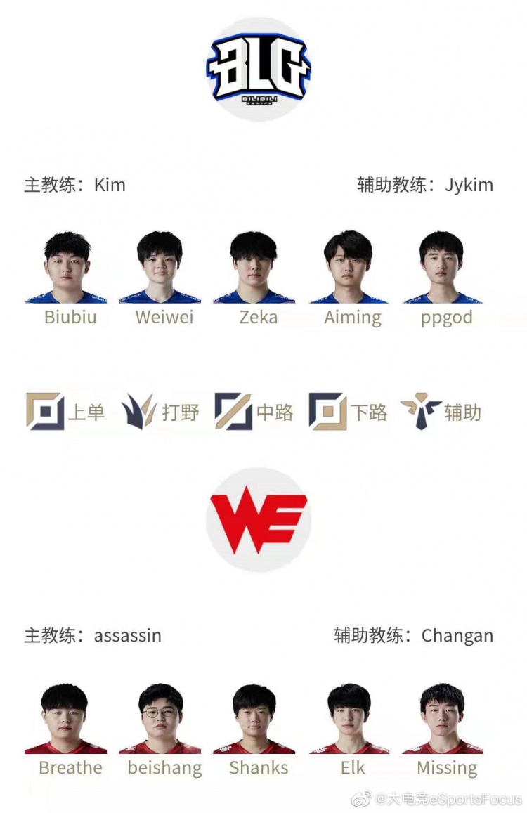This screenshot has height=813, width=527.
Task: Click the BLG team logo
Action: point(259,69)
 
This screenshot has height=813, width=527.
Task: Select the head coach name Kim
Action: point(110,186)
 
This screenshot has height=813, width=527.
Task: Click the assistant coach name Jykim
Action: point(469,186)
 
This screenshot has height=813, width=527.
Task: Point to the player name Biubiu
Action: point(70,317)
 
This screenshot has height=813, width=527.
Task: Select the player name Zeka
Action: point(259,317)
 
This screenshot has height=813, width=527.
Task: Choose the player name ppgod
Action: point(446,317)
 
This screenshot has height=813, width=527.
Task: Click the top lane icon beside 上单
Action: point(44,411)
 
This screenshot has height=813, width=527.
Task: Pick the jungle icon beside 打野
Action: point(138,411)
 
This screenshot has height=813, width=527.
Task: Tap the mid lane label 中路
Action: point(275,412)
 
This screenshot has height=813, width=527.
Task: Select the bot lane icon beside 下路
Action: point(327,411)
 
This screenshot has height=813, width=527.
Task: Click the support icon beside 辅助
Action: point(420,411)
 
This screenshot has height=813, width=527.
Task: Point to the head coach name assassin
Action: point(128,636)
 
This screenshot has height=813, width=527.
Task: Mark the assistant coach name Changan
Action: point(457,636)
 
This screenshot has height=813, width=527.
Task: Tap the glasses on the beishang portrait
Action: point(160,713)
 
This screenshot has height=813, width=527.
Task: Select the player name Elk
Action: point(353,768)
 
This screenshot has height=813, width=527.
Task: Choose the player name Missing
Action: point(447,768)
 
